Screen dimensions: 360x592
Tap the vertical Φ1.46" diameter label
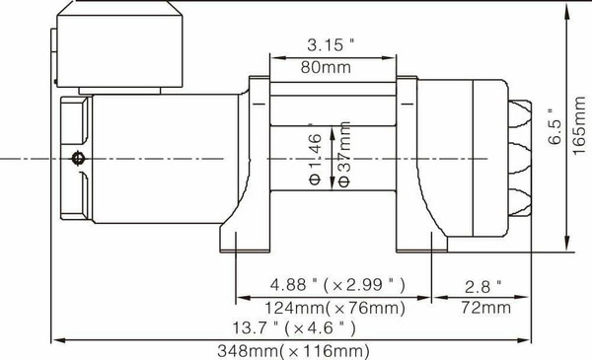pos(315,159)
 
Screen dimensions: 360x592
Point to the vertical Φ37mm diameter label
pos(343,159)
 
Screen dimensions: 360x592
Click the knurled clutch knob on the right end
pos(520,158)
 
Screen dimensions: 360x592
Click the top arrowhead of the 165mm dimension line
pos(568,9)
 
